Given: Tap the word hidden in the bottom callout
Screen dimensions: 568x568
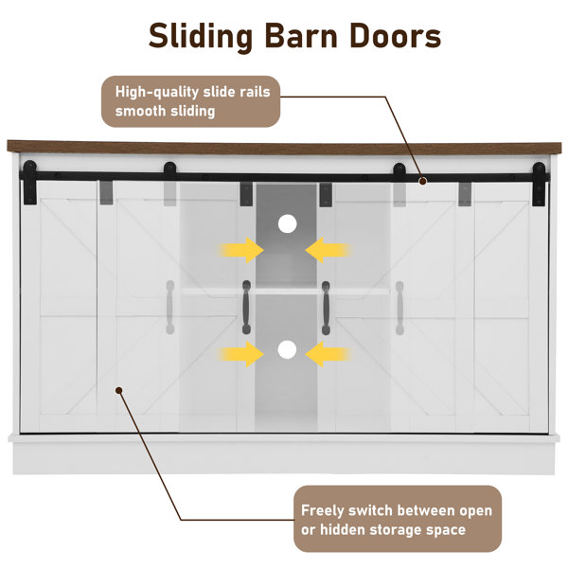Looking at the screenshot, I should point(342,530).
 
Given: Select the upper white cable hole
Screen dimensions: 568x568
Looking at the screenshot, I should point(287,225).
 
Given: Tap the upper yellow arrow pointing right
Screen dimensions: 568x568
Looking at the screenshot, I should point(242,250).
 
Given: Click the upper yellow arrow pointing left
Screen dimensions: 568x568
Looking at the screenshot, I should point(328,250).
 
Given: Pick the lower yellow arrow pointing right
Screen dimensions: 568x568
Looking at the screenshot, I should point(242,355).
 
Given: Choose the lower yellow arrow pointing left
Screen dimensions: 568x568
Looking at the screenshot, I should point(328,355).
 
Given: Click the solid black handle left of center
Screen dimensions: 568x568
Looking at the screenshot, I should point(246,307).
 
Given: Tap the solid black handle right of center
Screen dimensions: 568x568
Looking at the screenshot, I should point(326,307).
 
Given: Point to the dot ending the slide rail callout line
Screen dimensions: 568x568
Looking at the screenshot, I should point(423,181).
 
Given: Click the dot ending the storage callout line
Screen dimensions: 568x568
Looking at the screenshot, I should point(118,389).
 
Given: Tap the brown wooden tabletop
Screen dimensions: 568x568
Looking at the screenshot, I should point(284,148).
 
